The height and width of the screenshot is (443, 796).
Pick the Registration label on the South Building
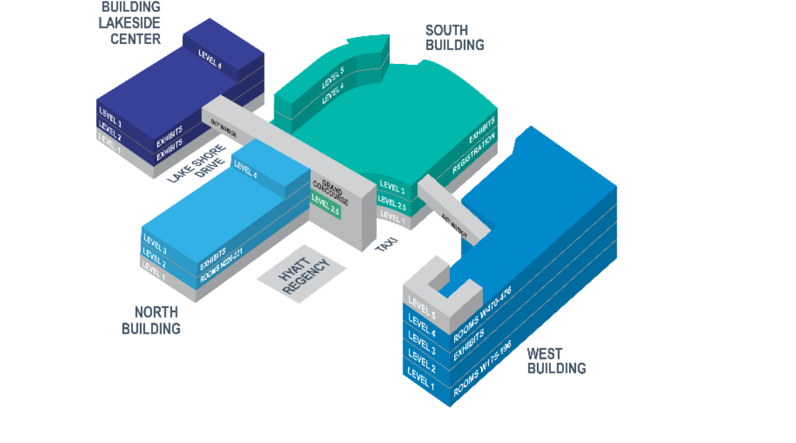(473, 155)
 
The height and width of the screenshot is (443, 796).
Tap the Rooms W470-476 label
(482, 313)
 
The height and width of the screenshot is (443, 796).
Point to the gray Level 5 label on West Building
(422, 306)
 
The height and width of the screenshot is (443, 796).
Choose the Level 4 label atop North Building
(245, 169)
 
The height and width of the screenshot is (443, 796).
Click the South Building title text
(455, 38)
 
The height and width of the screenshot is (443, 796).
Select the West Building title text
(556, 361)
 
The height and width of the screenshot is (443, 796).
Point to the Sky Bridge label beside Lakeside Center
(224, 127)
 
